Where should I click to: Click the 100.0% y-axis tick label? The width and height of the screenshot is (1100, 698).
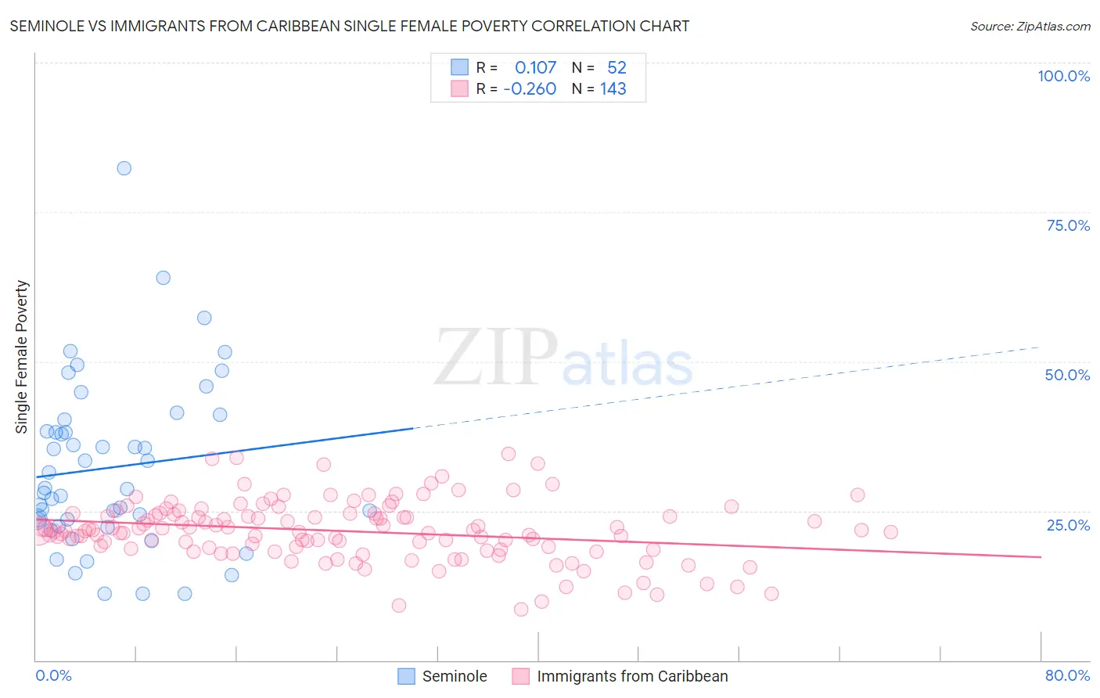tap(1063, 76)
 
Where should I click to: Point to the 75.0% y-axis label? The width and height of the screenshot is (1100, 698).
tap(1068, 225)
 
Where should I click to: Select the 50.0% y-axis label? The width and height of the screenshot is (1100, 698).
tap(1067, 375)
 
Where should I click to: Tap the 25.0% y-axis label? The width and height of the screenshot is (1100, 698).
tap(1068, 525)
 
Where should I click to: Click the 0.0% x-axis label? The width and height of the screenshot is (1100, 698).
tap(53, 675)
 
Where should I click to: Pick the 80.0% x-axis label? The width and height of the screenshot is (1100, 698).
tap(1067, 675)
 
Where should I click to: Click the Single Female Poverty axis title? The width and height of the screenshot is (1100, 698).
tap(22, 357)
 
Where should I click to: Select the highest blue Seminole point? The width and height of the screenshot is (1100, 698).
tap(124, 168)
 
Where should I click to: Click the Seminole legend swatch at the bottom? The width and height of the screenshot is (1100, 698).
tap(406, 676)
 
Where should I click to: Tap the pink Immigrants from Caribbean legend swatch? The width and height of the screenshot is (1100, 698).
tap(521, 676)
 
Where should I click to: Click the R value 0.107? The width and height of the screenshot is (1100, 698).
tap(535, 68)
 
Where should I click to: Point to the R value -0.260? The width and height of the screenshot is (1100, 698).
tap(530, 89)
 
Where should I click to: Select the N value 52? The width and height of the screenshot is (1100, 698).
tap(617, 68)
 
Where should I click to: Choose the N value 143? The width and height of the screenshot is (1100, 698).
tap(613, 89)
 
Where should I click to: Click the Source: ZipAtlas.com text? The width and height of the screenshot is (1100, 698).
tap(1030, 27)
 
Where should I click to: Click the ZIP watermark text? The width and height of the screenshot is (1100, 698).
tap(496, 358)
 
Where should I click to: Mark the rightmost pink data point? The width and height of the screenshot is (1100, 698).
tap(890, 532)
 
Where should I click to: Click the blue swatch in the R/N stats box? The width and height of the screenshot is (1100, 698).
tap(459, 67)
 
